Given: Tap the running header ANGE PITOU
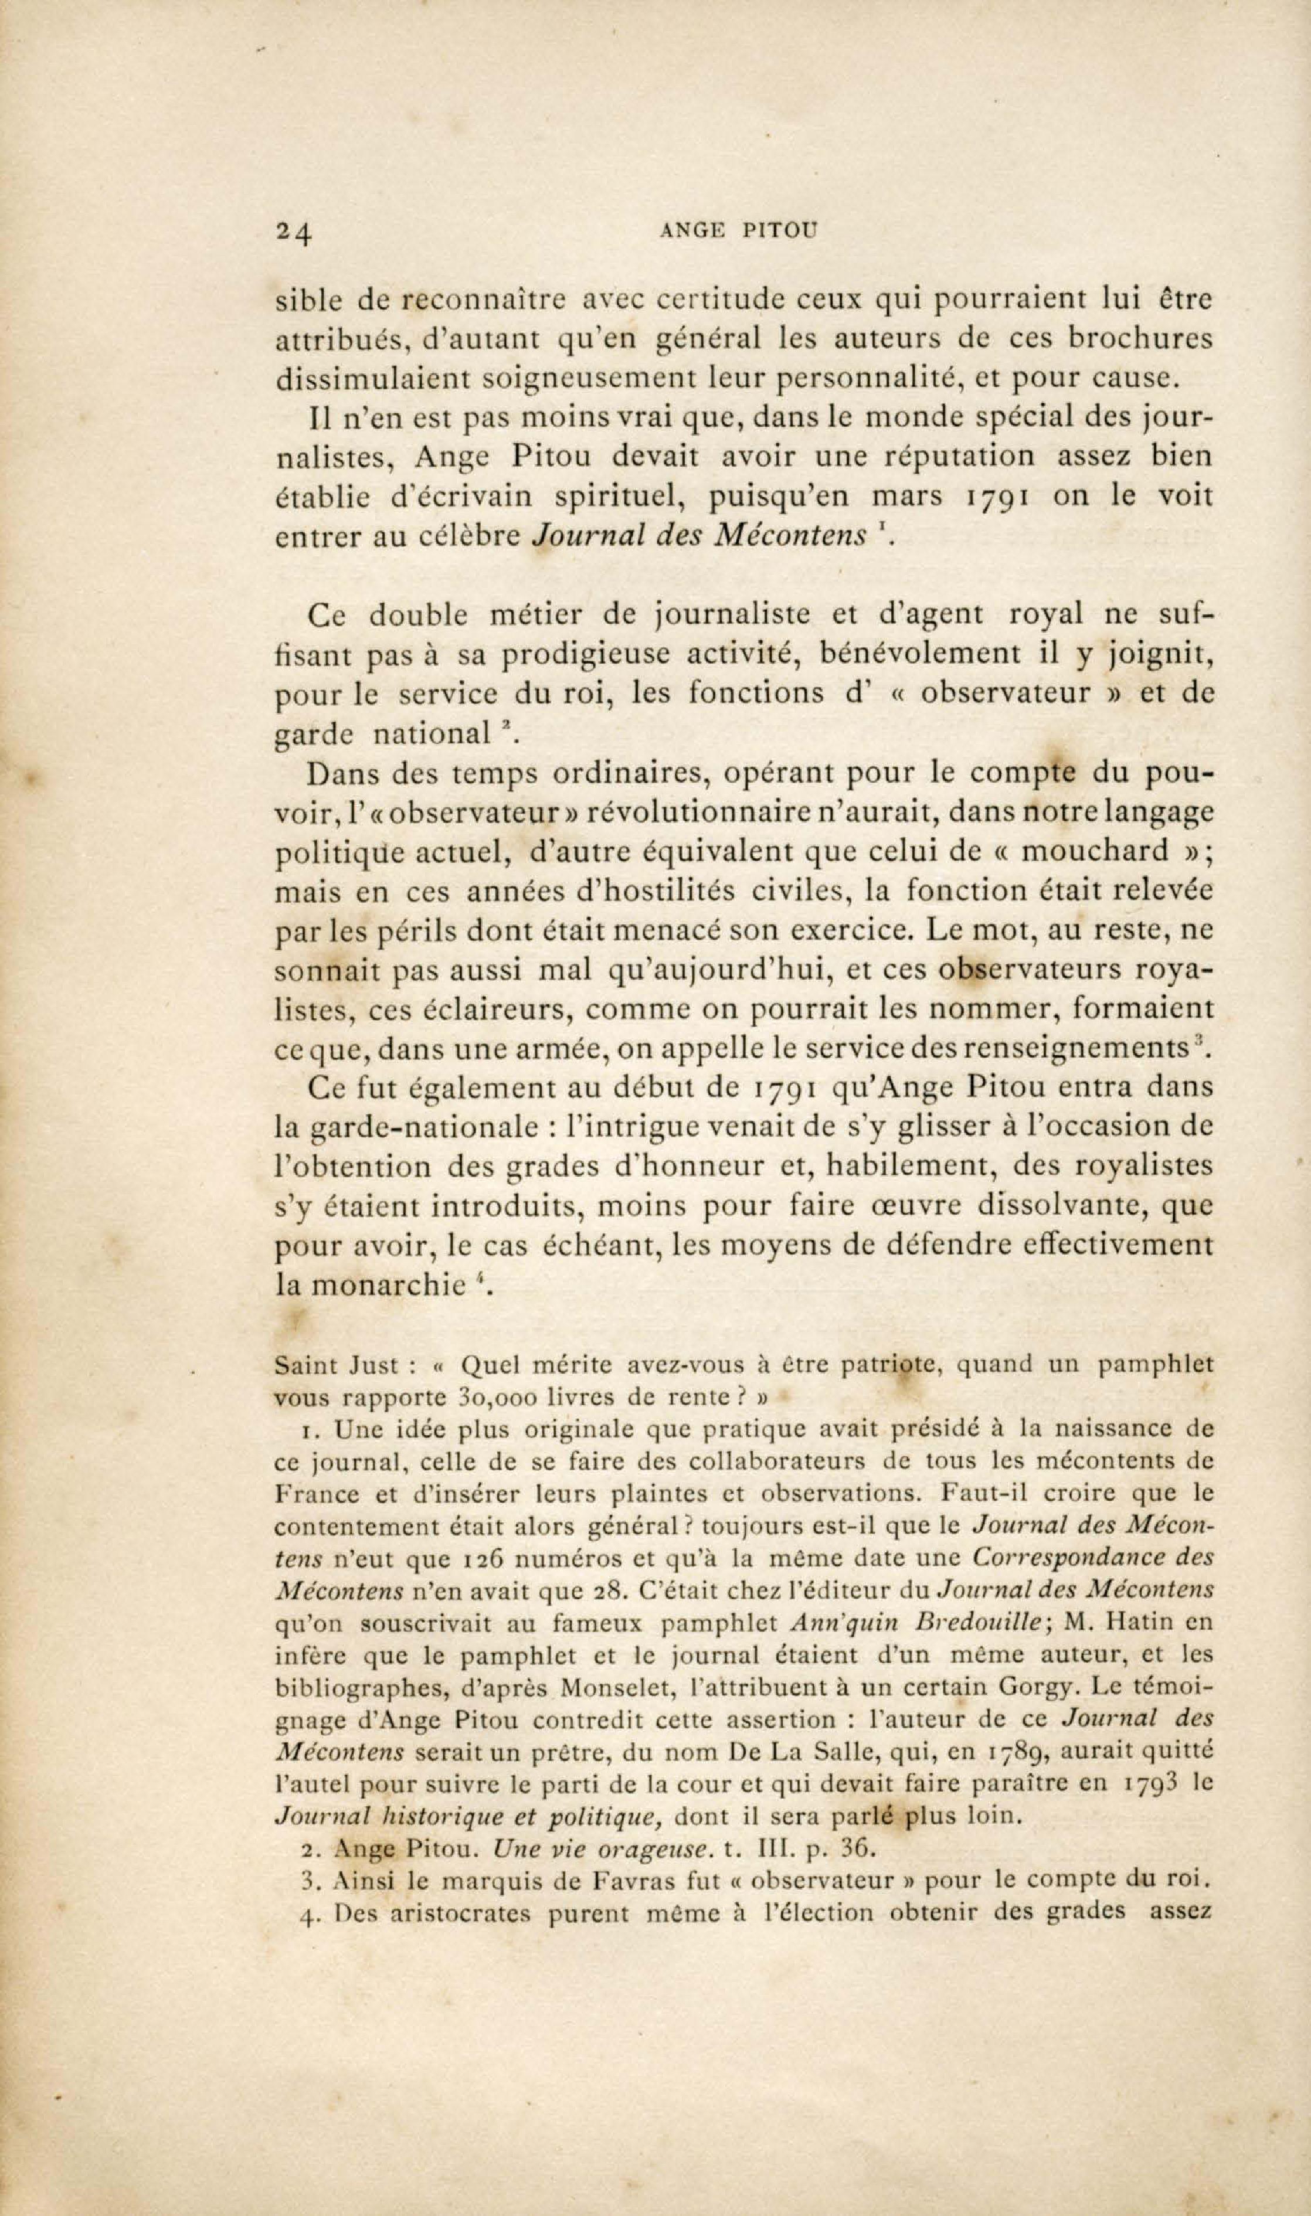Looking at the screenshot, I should pyautogui.click(x=739, y=232).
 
